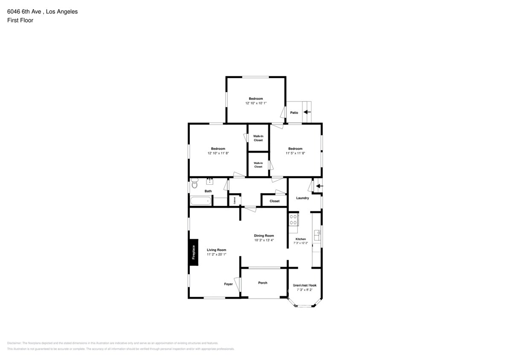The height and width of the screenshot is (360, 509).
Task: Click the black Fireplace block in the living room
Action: tap(194, 252)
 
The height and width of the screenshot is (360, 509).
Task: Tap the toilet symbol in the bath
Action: tap(195, 184)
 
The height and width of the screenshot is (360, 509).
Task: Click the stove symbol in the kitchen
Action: tap(294, 220)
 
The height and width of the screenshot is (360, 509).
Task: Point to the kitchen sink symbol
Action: tap(317, 235)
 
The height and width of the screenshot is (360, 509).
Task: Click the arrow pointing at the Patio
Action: tap(307, 112)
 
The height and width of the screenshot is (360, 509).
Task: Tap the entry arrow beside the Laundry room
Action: tap(319, 186)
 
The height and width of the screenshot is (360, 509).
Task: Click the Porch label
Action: tap(263, 283)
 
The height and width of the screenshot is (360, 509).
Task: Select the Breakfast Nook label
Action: tap(305, 285)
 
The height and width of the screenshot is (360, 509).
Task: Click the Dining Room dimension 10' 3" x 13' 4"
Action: tap(264, 240)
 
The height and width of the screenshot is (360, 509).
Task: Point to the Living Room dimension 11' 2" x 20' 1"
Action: tap(216, 254)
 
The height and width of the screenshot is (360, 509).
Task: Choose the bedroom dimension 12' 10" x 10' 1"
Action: tap(256, 103)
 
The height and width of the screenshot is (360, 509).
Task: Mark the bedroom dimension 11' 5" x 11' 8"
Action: tap(295, 153)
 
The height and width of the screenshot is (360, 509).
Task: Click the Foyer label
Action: tap(228, 284)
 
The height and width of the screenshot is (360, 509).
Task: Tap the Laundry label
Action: tap(302, 198)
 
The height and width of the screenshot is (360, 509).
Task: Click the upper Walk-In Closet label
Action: tap(258, 138)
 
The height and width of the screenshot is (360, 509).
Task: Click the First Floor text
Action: tap(20, 20)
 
